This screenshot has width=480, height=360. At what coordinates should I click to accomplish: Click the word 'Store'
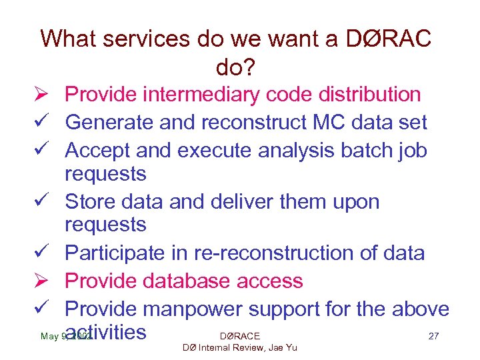pos(91,201)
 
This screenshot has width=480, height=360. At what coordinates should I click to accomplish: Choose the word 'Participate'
pos(118,253)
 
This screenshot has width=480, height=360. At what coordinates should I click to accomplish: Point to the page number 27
pos(433,336)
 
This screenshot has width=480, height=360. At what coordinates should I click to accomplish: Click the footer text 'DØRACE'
pos(239,336)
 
